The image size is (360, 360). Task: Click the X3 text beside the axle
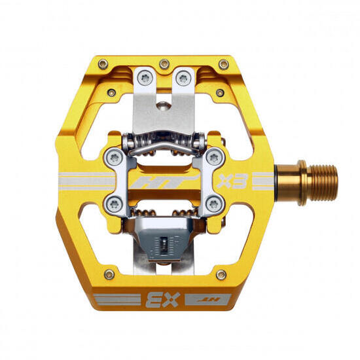tap(232, 181)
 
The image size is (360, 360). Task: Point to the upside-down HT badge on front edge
tap(208, 300)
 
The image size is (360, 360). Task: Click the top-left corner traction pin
tap(103, 64)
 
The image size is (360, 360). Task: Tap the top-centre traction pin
tap(164, 64)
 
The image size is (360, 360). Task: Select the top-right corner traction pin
tap(224, 65)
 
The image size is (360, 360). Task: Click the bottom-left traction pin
tap(109, 274)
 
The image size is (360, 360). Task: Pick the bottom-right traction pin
tap(221, 275)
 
